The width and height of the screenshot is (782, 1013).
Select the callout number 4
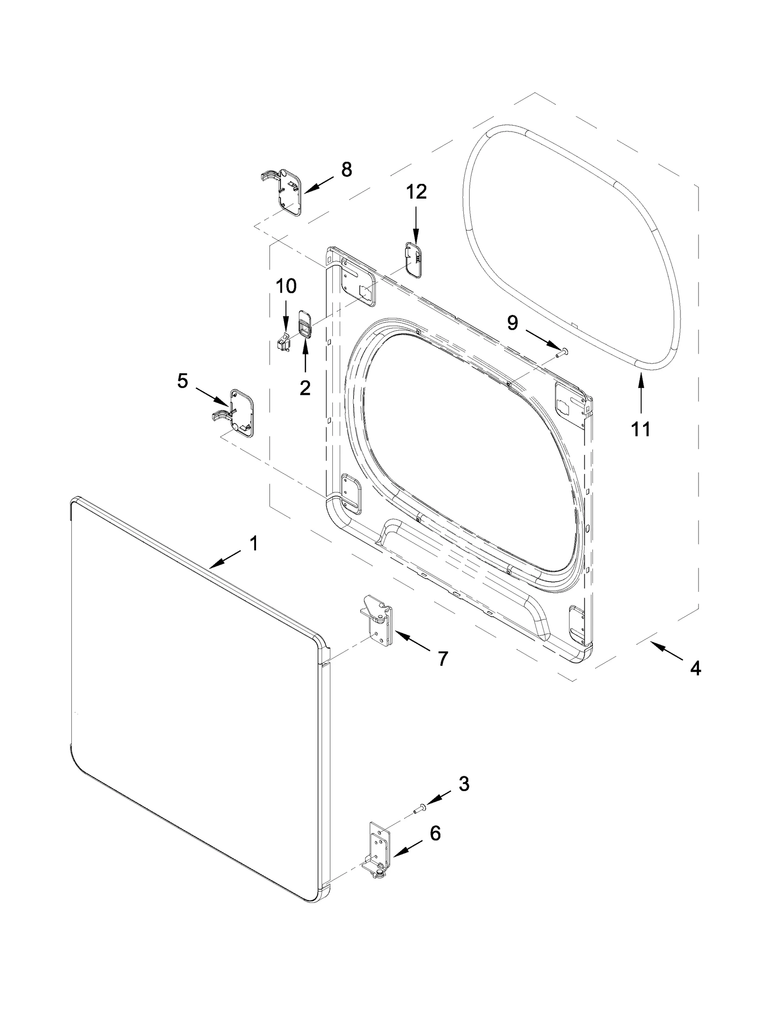(695, 667)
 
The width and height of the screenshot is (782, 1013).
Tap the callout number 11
(641, 429)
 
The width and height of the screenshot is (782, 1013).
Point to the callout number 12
(416, 191)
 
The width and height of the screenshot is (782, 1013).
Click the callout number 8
(346, 170)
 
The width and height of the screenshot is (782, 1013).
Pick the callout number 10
(286, 286)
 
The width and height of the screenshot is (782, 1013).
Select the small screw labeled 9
(563, 351)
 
